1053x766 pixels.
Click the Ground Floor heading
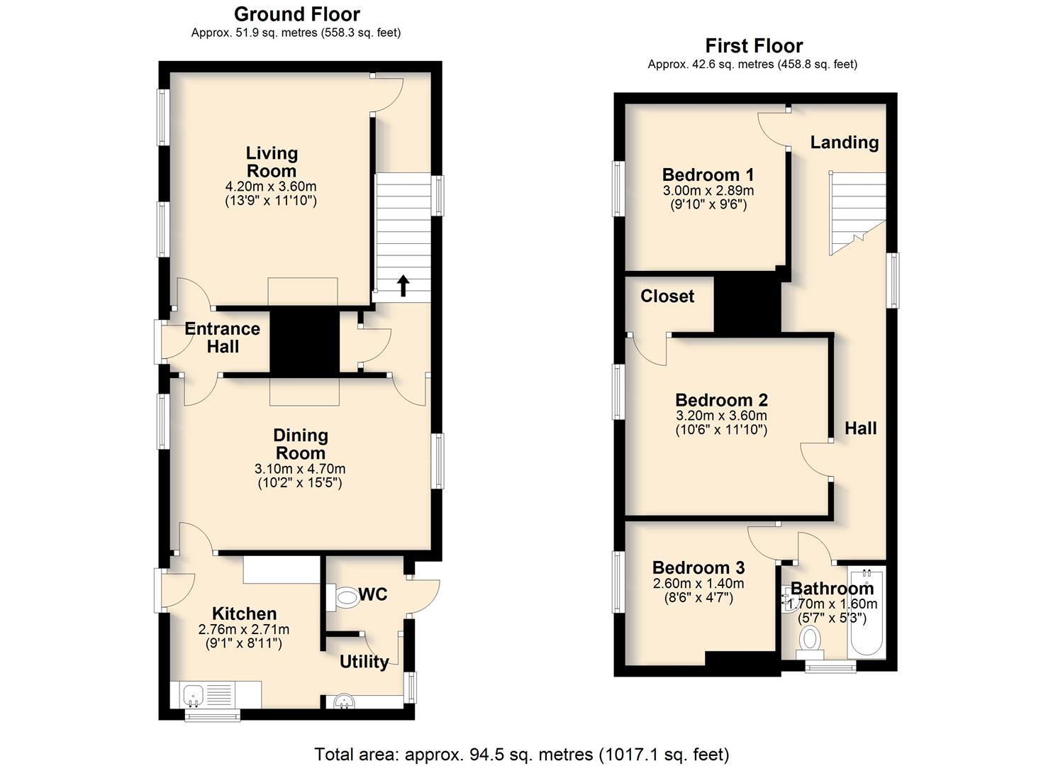click(x=297, y=15)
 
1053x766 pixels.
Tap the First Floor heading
click(x=754, y=46)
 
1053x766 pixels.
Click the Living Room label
click(x=272, y=162)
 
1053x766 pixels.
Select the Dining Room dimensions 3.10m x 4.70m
click(x=300, y=469)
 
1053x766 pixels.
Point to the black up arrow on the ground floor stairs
click(x=403, y=286)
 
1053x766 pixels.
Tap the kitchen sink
click(x=194, y=696)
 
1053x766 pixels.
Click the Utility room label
click(x=364, y=662)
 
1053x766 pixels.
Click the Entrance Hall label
click(x=223, y=338)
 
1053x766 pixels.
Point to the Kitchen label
click(x=245, y=614)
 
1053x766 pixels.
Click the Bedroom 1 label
click(x=708, y=175)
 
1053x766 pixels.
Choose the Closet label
click(x=667, y=296)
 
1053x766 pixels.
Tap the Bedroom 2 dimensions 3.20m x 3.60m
click(x=722, y=416)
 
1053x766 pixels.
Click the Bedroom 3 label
click(x=698, y=567)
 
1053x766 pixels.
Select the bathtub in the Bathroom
click(x=867, y=612)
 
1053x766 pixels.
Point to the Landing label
click(x=845, y=143)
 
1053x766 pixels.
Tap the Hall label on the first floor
click(x=861, y=428)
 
